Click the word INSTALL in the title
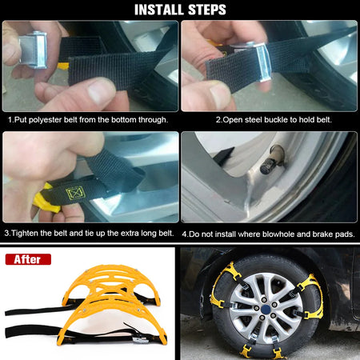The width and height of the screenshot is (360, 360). click(155, 10)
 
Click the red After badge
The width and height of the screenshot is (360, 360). click(28, 259)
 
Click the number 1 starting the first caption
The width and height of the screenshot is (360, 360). click(10, 119)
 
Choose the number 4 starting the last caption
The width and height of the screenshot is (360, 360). click(184, 234)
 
